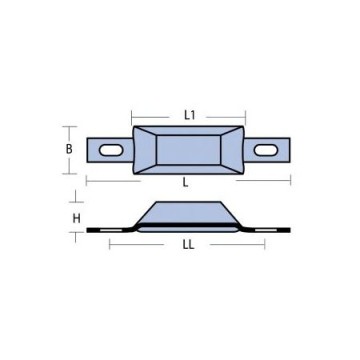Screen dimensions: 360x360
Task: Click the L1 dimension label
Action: click(x=189, y=116)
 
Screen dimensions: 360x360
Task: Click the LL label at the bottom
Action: click(x=189, y=246)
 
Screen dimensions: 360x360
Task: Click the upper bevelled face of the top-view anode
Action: click(x=189, y=133)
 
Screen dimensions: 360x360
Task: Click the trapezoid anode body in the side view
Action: click(x=189, y=214)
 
